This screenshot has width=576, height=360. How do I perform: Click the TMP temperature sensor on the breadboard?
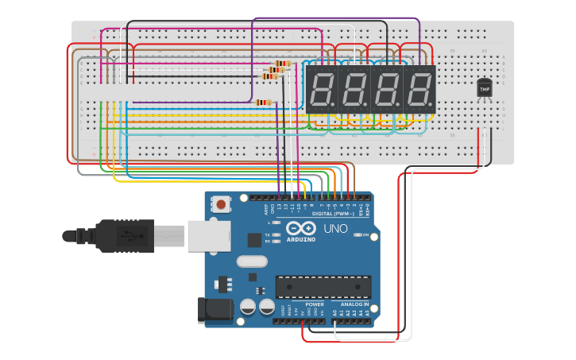pyautogui.click(x=484, y=88)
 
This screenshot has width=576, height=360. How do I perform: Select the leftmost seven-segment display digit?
pyautogui.click(x=322, y=88)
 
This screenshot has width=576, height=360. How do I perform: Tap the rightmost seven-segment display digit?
pyautogui.click(x=419, y=88)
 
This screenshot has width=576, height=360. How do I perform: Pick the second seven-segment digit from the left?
pyautogui.click(x=354, y=88)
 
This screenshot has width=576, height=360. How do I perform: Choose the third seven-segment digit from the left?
pyautogui.click(x=387, y=88)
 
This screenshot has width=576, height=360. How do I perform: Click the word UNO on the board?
pyautogui.click(x=335, y=229)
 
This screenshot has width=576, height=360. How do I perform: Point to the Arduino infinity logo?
pyautogui.click(x=301, y=229)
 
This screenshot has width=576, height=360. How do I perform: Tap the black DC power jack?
pyautogui.click(x=212, y=309)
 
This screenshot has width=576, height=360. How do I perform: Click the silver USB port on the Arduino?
pyautogui.click(x=209, y=235)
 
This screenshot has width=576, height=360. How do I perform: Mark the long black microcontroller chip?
pyautogui.click(x=323, y=286)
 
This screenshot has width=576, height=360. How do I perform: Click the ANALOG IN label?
pyautogui.click(x=355, y=304)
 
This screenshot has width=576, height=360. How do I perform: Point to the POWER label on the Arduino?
pyautogui.click(x=315, y=304)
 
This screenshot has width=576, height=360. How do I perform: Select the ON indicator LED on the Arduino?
pyautogui.click(x=358, y=235)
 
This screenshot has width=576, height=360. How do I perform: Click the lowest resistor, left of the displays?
pyautogui.click(x=263, y=102)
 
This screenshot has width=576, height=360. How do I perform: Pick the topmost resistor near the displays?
pyautogui.click(x=283, y=63)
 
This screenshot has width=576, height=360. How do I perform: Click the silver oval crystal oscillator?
pyautogui.click(x=252, y=261)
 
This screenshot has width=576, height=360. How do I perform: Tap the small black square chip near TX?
pyautogui.click(x=254, y=239)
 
